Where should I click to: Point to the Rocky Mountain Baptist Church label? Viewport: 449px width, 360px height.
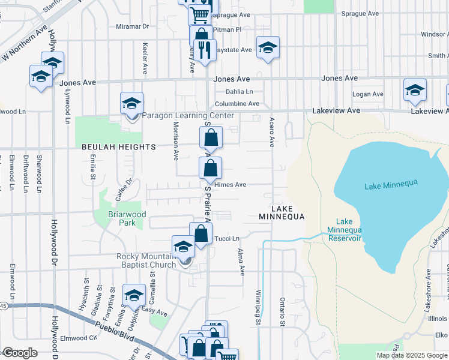(146, 260)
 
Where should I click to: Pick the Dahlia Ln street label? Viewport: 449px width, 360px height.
(239, 92)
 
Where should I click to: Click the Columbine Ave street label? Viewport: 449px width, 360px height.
(238, 104)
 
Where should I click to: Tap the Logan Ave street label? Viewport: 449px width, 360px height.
(367, 94)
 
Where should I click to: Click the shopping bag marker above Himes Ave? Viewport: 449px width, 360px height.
(211, 167)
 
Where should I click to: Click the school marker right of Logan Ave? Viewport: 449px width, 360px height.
(415, 90)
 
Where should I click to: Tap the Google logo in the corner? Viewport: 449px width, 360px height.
(20, 353)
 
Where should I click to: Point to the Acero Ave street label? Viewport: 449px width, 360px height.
(271, 133)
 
